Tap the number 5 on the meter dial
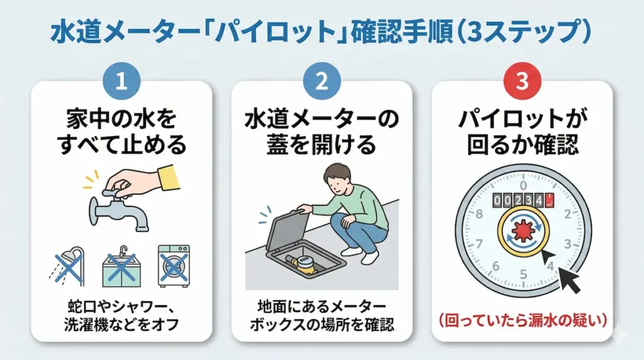(x=523, y=274)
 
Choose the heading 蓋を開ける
(x=321, y=145)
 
